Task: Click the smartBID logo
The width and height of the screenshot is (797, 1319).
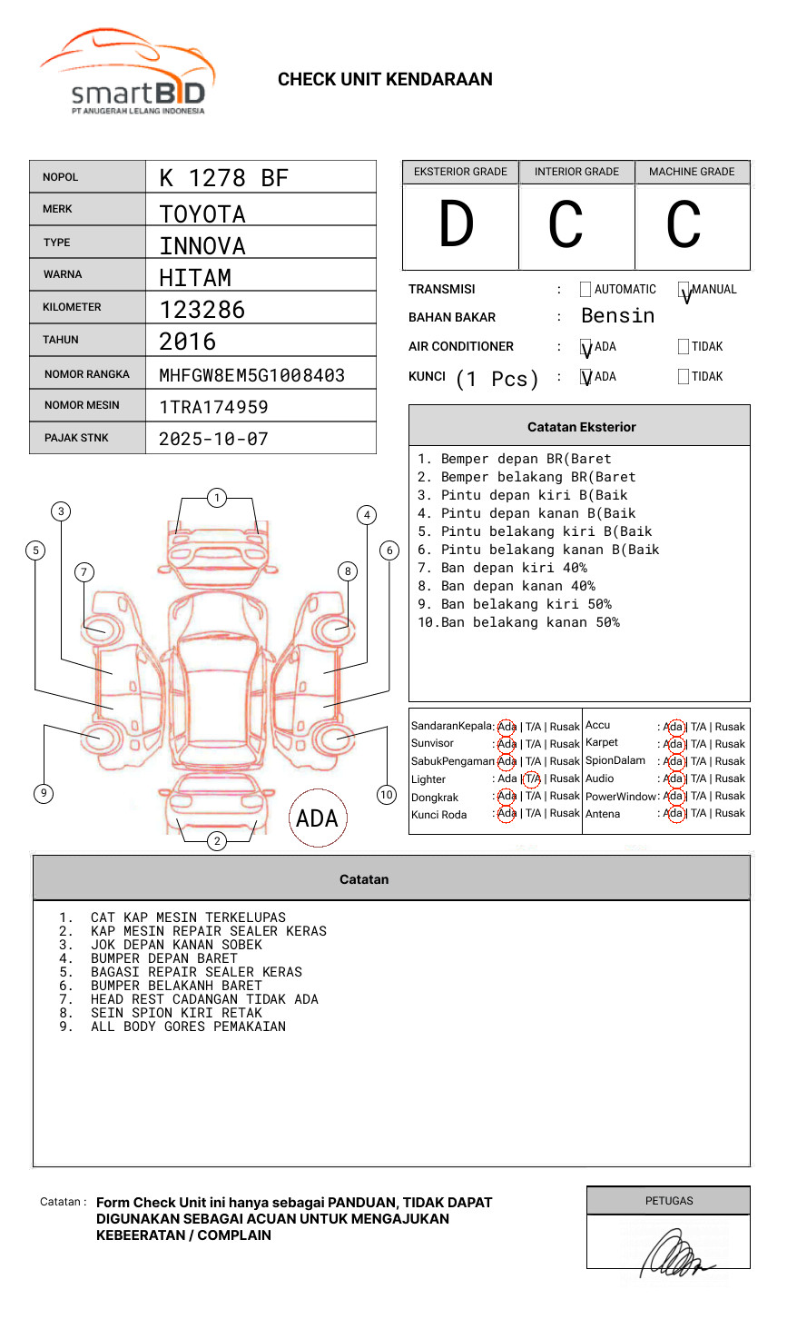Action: click(x=127, y=73)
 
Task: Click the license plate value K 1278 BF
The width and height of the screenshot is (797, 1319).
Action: click(x=223, y=178)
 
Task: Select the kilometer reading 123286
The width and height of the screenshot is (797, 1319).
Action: click(x=202, y=310)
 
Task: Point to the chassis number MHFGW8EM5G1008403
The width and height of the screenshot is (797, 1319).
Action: click(x=251, y=375)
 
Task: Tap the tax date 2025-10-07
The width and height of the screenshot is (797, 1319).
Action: click(x=213, y=439)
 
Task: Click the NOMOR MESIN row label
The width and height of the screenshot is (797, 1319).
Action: click(x=82, y=405)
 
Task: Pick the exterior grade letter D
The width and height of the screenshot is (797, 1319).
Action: click(x=457, y=224)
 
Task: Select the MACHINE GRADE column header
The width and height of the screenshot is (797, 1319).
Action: click(x=692, y=172)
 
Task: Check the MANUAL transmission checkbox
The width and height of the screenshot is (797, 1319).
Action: click(x=684, y=290)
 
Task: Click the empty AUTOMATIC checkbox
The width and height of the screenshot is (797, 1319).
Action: click(x=585, y=290)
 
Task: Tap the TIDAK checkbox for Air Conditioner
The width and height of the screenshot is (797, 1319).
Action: click(x=684, y=346)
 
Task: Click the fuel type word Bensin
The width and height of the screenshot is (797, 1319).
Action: click(x=617, y=316)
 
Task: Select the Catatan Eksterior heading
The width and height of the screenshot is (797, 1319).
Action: click(x=581, y=427)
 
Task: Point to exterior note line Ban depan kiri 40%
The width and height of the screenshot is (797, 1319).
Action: click(x=514, y=568)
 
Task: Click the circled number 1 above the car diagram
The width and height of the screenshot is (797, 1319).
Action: click(x=216, y=497)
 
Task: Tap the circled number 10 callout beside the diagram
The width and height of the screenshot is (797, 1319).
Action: click(x=387, y=795)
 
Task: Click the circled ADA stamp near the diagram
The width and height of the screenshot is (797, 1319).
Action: click(x=317, y=818)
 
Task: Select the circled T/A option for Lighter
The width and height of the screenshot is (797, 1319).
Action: click(x=532, y=779)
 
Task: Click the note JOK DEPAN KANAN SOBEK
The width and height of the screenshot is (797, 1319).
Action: click(x=176, y=945)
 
